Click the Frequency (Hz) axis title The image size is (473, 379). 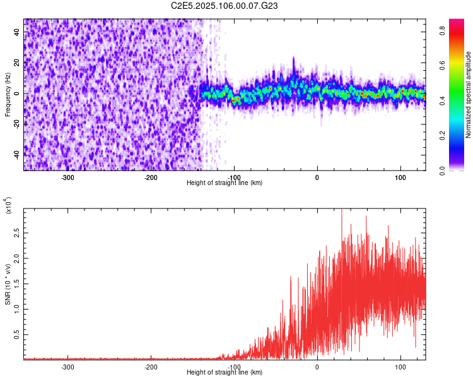8,94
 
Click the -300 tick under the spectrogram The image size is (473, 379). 67,177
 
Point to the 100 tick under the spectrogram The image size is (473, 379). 400,177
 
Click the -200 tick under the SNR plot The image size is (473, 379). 151,366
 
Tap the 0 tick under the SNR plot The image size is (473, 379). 317,366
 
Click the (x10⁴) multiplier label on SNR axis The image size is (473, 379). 8,206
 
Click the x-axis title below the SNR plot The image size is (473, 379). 225,373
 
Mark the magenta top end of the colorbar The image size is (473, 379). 457,22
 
